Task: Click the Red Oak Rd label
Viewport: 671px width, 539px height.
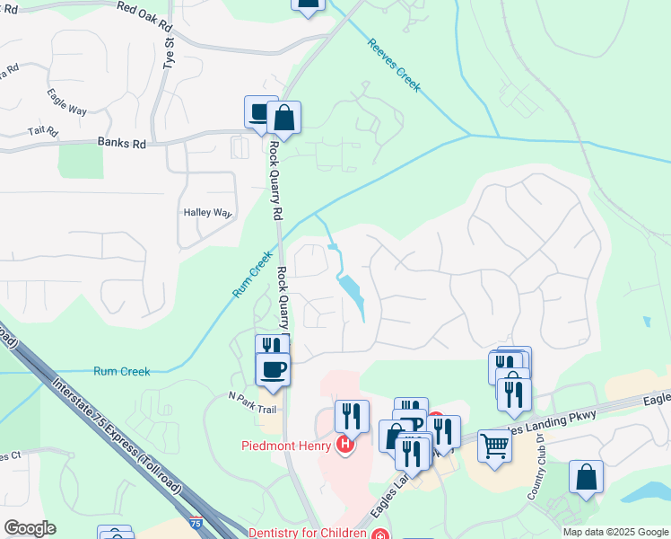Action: point(144,16)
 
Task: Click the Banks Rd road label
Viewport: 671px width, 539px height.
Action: point(121,143)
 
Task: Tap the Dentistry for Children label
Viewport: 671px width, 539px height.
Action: point(309,533)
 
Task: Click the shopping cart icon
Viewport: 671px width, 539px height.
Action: point(494,445)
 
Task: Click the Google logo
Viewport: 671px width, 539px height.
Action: point(30,528)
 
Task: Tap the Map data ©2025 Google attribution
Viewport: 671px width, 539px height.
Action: point(614,532)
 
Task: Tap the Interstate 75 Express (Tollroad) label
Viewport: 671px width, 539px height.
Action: point(118,437)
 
